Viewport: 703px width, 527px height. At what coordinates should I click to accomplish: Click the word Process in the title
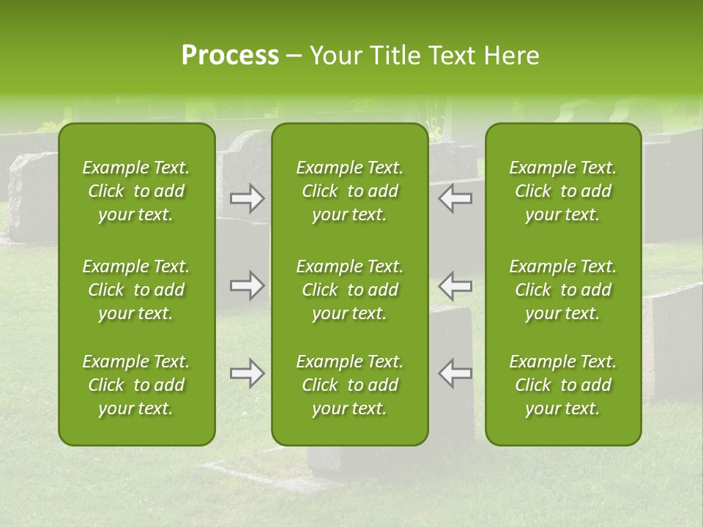tap(230, 56)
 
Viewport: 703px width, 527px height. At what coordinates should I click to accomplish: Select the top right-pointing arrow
tap(248, 198)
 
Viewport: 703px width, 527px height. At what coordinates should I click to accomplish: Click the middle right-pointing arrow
tap(248, 285)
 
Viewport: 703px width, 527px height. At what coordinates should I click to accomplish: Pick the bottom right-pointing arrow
tap(248, 373)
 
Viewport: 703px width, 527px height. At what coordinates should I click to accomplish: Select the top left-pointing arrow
tap(455, 198)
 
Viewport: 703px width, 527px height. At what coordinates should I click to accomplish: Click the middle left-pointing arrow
tap(455, 285)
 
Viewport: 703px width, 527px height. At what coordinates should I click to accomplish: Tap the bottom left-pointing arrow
tap(455, 373)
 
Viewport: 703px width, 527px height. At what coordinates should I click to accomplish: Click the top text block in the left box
tap(136, 191)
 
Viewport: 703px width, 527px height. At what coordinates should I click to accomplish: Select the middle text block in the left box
tap(136, 290)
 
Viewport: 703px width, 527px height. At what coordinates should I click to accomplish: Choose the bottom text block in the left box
tap(136, 385)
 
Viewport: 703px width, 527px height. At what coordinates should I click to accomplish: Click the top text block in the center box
tap(350, 191)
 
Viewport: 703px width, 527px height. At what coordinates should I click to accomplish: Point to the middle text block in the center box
tap(350, 290)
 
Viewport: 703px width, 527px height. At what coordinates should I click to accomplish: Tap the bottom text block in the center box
tap(350, 385)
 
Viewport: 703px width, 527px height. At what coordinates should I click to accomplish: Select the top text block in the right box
tap(563, 191)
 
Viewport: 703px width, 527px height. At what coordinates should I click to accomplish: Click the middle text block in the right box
tap(563, 290)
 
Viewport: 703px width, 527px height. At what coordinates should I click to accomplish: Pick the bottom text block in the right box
tap(563, 385)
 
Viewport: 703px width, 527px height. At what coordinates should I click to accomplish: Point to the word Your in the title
tap(335, 56)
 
